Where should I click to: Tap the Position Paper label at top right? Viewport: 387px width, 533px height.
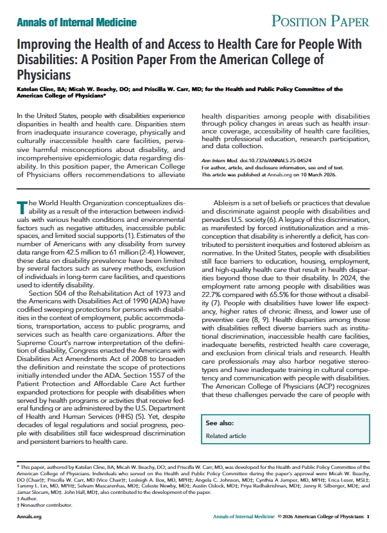(320, 22)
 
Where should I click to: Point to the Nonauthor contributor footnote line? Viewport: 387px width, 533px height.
(40, 503)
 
